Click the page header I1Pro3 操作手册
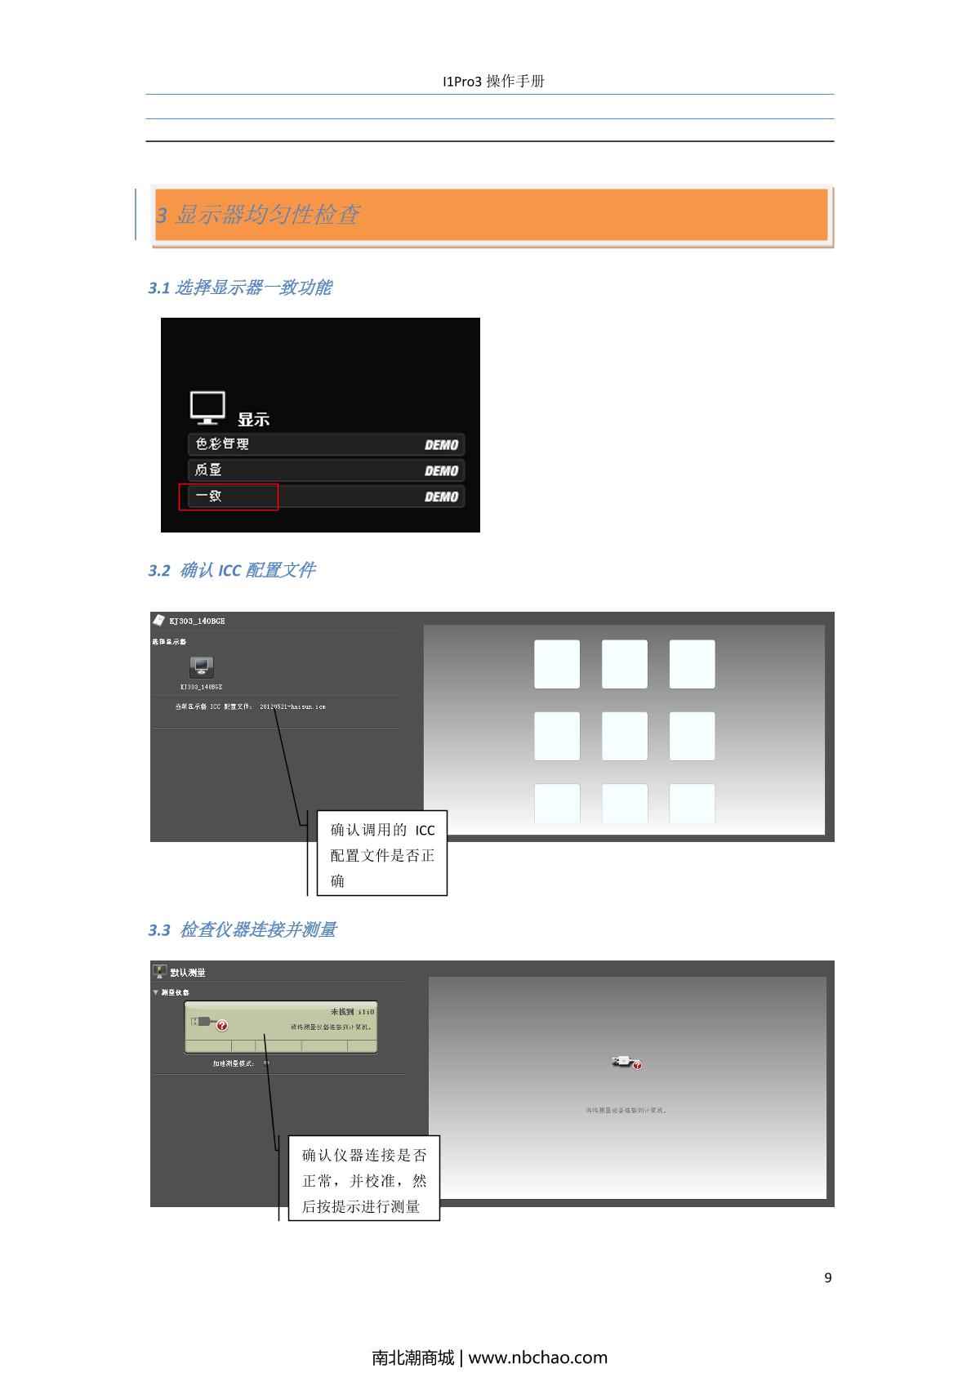point(492,81)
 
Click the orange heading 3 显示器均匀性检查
point(258,215)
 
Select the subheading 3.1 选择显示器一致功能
point(240,287)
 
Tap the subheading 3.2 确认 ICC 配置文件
point(232,570)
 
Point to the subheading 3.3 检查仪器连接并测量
point(243,929)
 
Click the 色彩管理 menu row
point(326,444)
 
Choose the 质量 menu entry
point(326,470)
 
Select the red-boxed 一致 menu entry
point(229,496)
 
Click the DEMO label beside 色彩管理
point(441,445)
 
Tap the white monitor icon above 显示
point(207,407)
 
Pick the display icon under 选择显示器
point(201,666)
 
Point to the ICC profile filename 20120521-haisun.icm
point(292,706)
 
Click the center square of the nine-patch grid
point(625,735)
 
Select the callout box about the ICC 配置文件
point(382,853)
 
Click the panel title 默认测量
point(187,972)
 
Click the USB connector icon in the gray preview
point(626,1062)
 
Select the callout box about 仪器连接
point(364,1179)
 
